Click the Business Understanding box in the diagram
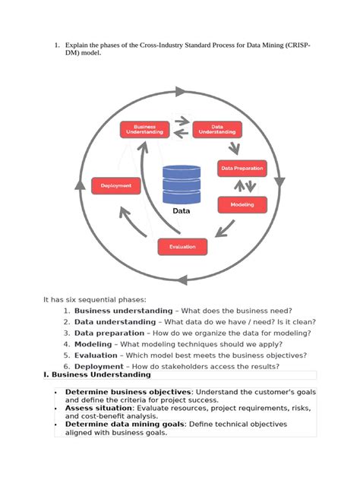click(144, 129)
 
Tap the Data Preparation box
click(242, 168)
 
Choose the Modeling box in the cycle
click(242, 204)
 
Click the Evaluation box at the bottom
click(182, 246)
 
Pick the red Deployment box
click(115, 185)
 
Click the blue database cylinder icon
click(181, 185)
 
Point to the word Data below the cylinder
click(181, 211)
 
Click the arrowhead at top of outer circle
click(180, 92)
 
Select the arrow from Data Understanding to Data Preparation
click(232, 148)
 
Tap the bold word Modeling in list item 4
click(93, 344)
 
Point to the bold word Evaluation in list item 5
click(96, 355)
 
